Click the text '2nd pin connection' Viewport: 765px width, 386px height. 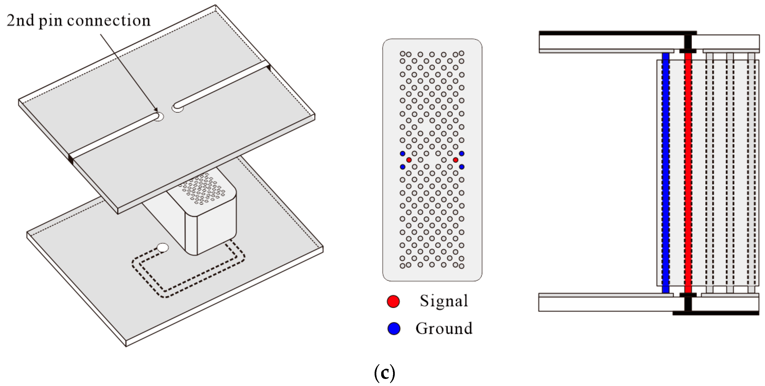79,21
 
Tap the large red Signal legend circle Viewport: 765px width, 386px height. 393,301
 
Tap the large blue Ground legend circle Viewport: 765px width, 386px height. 394,328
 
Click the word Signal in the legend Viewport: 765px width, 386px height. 444,301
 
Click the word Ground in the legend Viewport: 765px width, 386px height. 444,328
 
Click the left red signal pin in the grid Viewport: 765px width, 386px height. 409,160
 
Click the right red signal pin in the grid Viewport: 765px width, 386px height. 456,160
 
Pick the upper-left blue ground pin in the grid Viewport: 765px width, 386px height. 402,154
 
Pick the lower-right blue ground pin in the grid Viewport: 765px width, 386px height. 461,167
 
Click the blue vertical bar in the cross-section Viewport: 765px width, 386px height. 666,172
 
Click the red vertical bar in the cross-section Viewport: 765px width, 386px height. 688,172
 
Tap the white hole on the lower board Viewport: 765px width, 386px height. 162,248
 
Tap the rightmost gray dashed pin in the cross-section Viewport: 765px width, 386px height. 751,172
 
